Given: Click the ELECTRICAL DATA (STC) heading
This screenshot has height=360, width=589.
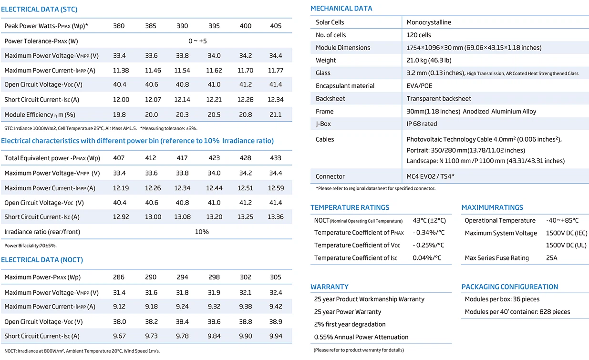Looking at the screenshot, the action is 39,9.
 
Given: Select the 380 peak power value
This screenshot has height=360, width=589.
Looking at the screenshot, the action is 119,26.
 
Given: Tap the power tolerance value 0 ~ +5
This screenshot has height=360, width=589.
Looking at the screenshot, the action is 197,41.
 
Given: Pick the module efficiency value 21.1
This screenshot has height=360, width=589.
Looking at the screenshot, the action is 276,114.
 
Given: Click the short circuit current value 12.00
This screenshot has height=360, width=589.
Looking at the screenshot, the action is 121,100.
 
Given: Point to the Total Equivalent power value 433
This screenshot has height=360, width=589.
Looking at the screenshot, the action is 276,158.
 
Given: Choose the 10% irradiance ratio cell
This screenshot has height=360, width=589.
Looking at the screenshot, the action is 202,232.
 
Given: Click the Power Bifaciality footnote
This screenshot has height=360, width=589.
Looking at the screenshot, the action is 31,246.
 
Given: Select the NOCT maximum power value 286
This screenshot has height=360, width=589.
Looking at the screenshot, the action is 119,277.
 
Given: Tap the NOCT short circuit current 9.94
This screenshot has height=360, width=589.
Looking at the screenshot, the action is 276,336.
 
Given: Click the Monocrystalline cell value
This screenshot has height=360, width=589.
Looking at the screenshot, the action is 429,22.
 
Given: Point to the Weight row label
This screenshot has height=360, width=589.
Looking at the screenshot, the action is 326,61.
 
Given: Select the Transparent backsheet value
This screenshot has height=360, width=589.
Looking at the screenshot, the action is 439,99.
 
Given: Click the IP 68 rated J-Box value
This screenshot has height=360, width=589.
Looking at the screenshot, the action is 422,124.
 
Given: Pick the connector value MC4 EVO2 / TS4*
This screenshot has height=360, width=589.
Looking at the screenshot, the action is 430,176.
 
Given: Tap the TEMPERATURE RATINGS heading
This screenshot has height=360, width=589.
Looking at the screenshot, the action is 350,207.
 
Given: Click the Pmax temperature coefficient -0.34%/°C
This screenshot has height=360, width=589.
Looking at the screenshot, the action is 429,233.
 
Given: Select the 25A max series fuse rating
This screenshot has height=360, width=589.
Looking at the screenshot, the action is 551,258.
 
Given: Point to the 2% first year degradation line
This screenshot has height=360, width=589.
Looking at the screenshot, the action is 350,324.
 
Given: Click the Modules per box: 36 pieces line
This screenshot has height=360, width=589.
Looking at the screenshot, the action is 502,299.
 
